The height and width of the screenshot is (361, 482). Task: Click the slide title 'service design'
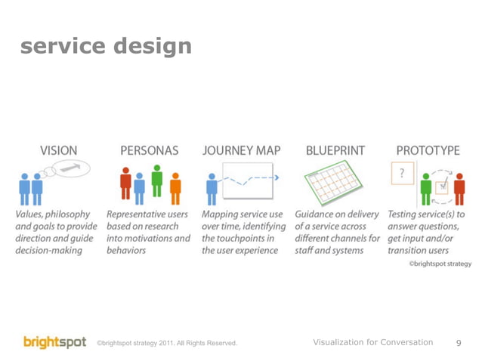(106, 47)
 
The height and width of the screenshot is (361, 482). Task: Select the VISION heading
(57, 150)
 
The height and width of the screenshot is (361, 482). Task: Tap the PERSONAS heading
(150, 150)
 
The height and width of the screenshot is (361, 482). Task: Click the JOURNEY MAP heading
(242, 150)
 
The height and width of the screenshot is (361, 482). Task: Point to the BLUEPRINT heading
(335, 150)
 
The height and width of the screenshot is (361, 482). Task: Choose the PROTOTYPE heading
(428, 150)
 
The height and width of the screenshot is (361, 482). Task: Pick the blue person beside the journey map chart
(212, 187)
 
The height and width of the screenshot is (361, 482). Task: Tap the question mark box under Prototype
(402, 174)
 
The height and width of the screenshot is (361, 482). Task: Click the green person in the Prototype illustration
(426, 189)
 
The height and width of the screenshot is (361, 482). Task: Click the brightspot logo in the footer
(54, 342)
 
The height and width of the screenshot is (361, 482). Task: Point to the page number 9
(459, 344)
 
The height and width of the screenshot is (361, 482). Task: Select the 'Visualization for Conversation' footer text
(372, 343)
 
